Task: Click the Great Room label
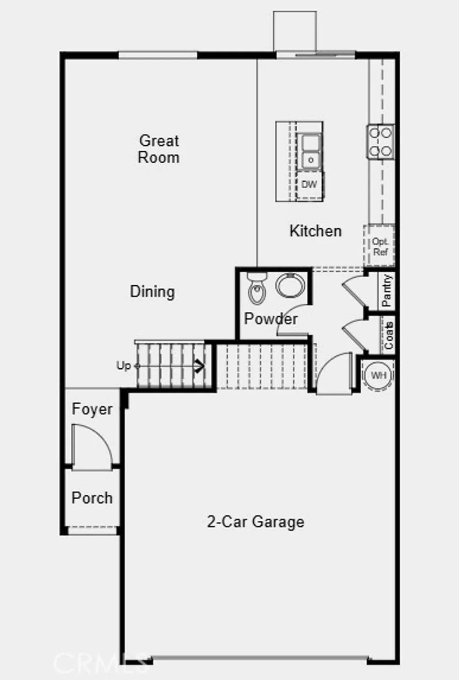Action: coord(159,149)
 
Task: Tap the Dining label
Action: coord(152,292)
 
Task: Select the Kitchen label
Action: coord(315,231)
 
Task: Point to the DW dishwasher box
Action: coord(309,184)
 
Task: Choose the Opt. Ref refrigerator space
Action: coord(379,246)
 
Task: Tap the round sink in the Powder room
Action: coord(290,285)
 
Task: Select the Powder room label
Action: coord(270,319)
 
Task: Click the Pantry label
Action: coord(387,290)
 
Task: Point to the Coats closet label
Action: coord(388,335)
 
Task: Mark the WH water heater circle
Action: coord(378,375)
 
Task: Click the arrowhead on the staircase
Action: coord(199,366)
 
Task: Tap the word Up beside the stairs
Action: coord(123,366)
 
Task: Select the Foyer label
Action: coord(92,409)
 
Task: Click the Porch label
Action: coord(92,498)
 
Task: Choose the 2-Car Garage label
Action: coord(255,522)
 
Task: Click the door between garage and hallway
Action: coord(334,375)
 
